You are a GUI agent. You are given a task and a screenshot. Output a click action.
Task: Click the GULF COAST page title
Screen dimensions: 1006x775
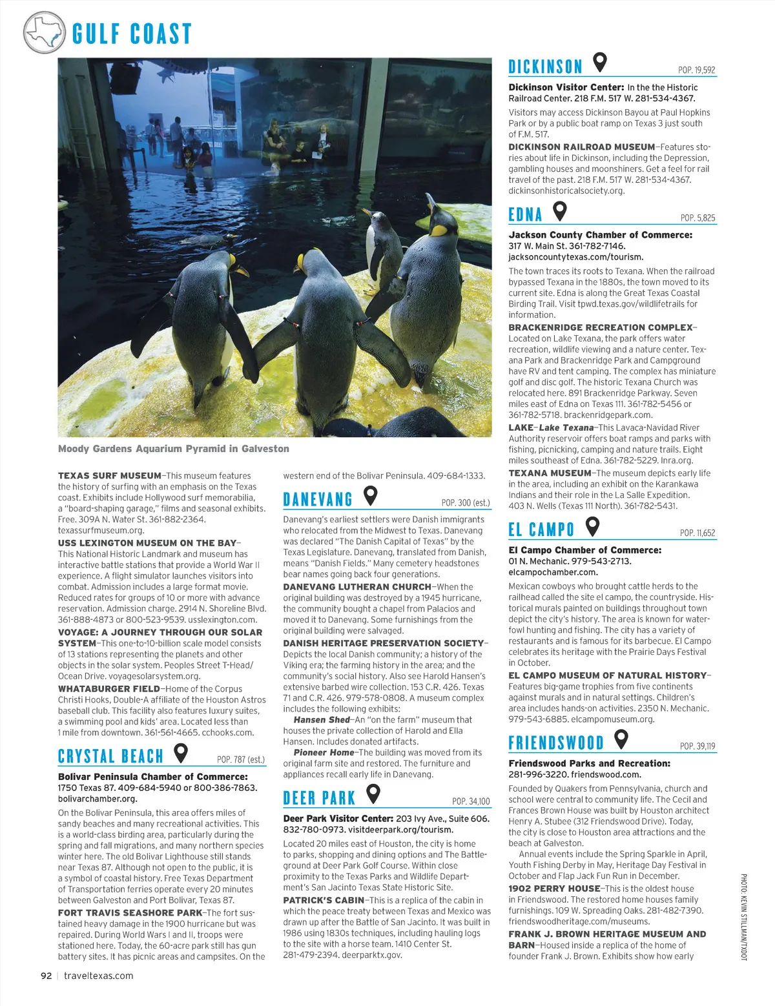(x=132, y=34)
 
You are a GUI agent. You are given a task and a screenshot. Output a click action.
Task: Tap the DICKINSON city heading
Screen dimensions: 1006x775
(x=545, y=67)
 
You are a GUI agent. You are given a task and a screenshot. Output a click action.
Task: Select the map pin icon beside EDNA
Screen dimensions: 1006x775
(x=560, y=211)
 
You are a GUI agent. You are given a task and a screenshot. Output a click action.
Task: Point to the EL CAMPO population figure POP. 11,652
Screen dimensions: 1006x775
(x=697, y=533)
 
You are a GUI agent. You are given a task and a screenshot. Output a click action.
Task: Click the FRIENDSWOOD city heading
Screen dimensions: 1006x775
(x=556, y=743)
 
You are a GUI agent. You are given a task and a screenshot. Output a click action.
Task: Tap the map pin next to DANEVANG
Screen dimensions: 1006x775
(x=370, y=496)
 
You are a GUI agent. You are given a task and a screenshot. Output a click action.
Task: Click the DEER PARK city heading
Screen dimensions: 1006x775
(x=319, y=798)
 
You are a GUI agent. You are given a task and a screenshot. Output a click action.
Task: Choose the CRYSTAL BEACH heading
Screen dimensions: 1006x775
(x=110, y=756)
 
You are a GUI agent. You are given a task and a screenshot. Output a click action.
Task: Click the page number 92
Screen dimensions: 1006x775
(x=46, y=976)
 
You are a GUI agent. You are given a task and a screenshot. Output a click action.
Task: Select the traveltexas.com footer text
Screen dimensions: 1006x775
(x=99, y=976)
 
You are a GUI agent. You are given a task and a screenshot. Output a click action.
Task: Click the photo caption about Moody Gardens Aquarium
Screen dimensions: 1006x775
(x=174, y=449)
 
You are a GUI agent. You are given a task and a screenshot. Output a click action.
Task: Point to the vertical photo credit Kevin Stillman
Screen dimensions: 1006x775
(x=743, y=917)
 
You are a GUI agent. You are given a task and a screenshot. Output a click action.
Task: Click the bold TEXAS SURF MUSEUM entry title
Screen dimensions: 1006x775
(x=110, y=476)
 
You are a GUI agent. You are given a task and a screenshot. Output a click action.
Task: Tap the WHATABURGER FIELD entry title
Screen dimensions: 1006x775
(x=109, y=689)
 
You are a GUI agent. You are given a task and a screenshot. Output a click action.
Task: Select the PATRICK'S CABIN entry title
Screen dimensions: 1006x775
(x=324, y=900)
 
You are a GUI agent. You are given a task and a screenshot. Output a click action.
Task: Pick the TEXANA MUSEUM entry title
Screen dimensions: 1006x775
(x=550, y=473)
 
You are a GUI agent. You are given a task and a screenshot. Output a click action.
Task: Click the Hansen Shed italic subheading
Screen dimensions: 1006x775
(x=321, y=720)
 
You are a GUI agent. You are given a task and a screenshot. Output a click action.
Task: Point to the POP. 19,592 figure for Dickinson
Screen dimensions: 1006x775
(x=696, y=70)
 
